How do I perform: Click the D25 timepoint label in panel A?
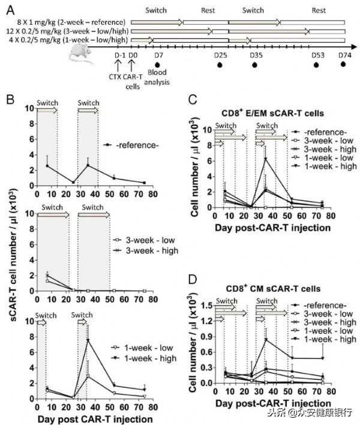[220, 55]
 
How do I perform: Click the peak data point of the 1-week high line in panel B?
[88, 340]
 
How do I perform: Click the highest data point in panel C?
[265, 158]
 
